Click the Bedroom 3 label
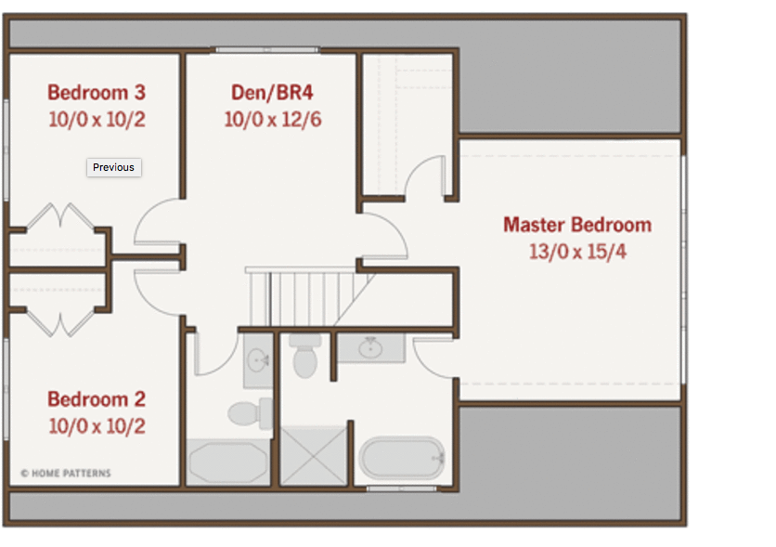97,93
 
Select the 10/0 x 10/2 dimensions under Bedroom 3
97,119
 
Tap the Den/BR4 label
272,93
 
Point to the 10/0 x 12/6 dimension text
273,119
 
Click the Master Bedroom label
577,225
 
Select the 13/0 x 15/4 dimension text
577,252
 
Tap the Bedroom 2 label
97,399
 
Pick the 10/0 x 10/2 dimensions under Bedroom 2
97,426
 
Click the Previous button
114,167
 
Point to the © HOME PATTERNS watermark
66,474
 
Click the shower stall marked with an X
314,455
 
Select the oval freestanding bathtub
402,458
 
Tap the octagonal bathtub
228,462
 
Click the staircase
309,297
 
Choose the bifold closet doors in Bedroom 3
60,216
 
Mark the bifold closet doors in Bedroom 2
60,323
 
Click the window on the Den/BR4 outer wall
267,50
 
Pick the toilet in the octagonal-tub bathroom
250,413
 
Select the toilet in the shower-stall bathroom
304,356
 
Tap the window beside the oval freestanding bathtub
401,488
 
